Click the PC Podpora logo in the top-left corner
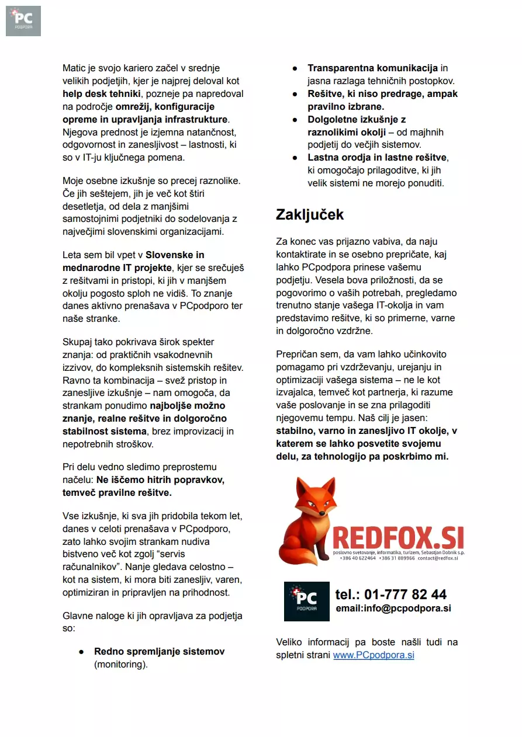(23, 20)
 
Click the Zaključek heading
(310, 214)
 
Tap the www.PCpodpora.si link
(374, 655)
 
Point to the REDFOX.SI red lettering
(398, 537)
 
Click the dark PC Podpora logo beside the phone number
(306, 601)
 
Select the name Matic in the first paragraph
(74, 68)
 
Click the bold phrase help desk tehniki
(102, 94)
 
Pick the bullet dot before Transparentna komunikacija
(295, 69)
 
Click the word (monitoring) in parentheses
(121, 664)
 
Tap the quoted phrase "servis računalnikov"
(123, 560)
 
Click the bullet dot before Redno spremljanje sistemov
(82, 652)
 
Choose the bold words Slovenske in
(175, 255)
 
